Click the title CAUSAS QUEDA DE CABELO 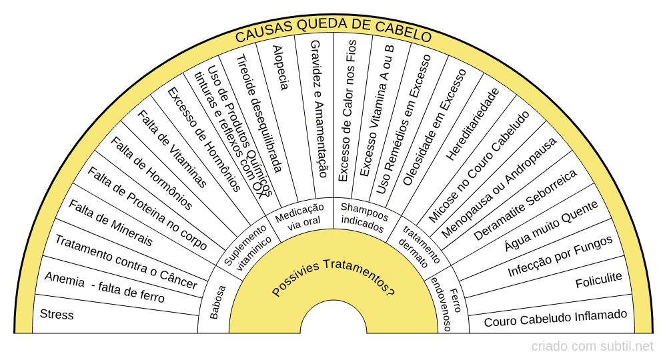(x=333, y=33)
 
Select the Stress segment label (x=57, y=314)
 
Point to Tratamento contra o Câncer (x=125, y=262)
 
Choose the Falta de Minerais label (x=110, y=223)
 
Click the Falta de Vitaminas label (x=172, y=149)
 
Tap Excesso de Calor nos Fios (x=348, y=110)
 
